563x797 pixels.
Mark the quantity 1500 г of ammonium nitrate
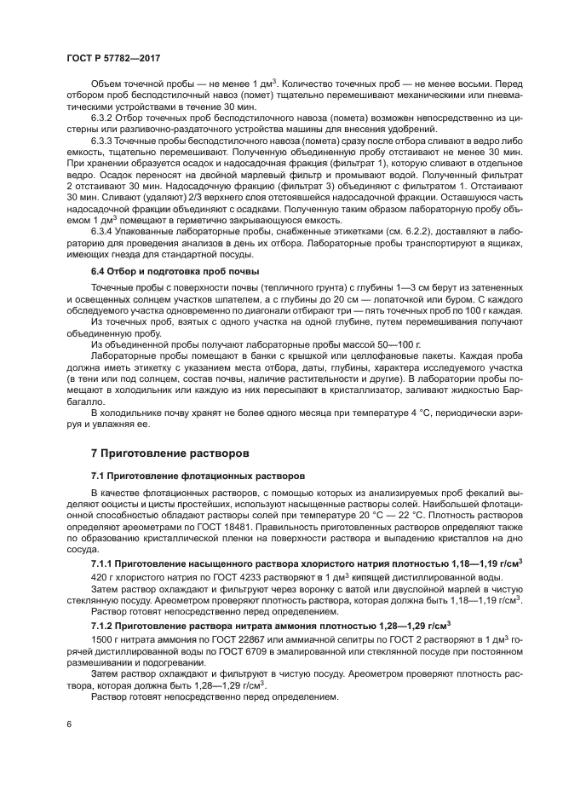(103, 639)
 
